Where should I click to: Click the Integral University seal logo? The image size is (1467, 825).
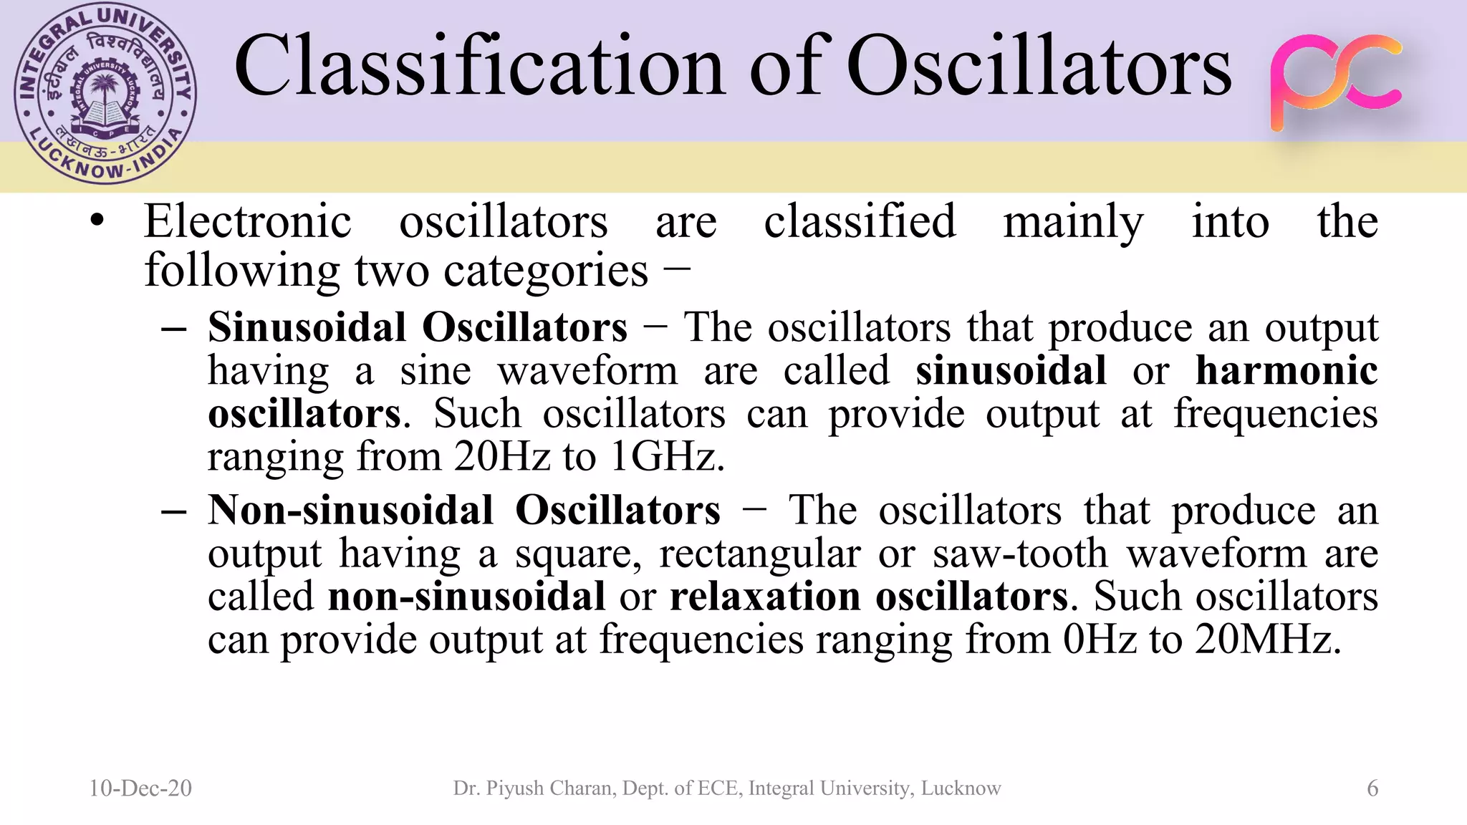click(x=105, y=94)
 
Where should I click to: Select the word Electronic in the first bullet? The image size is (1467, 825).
click(x=248, y=221)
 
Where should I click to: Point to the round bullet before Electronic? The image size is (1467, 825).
click(x=97, y=221)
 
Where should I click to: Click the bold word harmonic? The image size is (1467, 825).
click(x=1286, y=371)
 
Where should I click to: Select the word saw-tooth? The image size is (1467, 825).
click(x=1020, y=554)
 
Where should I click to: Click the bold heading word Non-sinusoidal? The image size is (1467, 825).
click(x=350, y=511)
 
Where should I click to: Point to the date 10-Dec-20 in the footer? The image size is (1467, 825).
click(x=140, y=788)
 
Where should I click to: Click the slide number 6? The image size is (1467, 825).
click(x=1372, y=788)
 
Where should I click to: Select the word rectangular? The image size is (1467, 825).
click(x=759, y=554)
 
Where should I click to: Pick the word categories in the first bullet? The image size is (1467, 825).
click(x=546, y=271)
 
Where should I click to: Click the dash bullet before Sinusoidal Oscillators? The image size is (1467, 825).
click(x=174, y=329)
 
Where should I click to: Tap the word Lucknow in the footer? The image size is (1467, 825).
click(x=961, y=788)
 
